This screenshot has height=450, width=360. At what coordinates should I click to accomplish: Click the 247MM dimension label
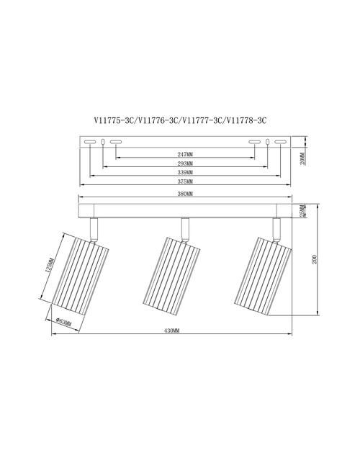coord(185,154)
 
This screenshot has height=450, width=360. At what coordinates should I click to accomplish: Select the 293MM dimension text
coord(185,163)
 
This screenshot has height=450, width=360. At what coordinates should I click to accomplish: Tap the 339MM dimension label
coord(185,173)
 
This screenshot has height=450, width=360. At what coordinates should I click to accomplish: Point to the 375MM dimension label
coord(185,181)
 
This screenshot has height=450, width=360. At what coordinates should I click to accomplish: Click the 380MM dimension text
coord(185,194)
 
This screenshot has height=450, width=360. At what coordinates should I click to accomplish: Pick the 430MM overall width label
coord(171,330)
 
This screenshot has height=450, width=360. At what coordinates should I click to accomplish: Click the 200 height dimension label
coord(315,259)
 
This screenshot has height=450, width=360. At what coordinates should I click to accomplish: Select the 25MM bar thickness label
coord(302,211)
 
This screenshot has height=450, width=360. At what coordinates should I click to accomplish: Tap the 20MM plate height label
coord(302,158)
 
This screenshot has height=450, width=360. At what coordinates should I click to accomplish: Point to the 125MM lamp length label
coord(50,265)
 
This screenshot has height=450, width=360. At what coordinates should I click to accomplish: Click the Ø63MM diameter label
coord(63,323)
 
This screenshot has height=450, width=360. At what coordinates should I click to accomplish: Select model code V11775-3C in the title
coord(114,121)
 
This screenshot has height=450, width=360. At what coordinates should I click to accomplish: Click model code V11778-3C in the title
coord(247,121)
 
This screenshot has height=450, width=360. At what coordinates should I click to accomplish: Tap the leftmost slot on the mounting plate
coord(89,142)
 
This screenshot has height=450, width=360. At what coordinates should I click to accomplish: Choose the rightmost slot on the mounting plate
coord(281,142)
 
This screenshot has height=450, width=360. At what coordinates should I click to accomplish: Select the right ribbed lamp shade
coord(264,276)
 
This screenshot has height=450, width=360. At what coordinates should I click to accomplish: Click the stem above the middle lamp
coord(185,230)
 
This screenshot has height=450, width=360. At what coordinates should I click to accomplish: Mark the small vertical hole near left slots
coord(103,142)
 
